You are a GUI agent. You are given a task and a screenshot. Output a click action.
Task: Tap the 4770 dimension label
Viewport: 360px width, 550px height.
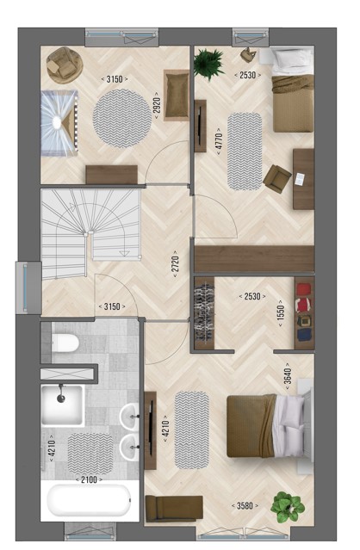220,142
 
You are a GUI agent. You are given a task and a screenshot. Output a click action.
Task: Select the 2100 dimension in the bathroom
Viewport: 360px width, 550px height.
89,479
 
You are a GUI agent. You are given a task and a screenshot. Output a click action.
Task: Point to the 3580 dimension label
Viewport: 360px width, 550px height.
245,506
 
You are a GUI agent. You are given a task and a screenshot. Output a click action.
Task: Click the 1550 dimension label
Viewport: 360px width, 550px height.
281,313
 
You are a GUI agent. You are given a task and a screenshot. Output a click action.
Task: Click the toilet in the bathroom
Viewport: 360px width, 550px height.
65,343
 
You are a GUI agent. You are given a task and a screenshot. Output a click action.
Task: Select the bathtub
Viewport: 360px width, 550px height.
89,501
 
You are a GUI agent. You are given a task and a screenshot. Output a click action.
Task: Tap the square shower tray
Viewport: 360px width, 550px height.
63,405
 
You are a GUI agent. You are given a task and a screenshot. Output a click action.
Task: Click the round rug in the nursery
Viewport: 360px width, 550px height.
122,118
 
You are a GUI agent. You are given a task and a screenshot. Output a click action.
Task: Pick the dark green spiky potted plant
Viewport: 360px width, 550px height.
208,65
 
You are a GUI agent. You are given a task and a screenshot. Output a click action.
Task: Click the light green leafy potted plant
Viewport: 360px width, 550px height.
288,506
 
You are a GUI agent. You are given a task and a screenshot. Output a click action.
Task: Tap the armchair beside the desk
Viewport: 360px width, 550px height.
277,179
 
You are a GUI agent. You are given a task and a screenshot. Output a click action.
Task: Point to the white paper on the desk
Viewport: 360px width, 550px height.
300,179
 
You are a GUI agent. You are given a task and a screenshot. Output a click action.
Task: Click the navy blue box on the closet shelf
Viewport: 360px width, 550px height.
304,334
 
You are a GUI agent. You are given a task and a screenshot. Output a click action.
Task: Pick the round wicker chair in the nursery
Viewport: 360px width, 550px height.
65,65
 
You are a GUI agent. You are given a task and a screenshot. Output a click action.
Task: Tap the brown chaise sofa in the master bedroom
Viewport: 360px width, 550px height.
174,508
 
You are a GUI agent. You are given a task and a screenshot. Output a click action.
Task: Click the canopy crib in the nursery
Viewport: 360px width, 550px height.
59,123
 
